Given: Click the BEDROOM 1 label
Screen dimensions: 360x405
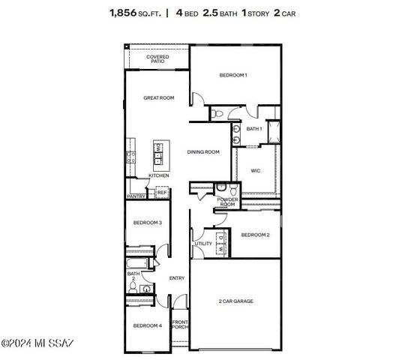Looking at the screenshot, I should click(x=232, y=75).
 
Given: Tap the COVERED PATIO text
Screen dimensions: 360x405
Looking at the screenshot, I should click(x=157, y=58).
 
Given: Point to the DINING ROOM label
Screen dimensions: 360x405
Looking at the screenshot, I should click(x=203, y=152).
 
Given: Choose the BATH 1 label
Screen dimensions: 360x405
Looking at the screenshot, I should click(x=254, y=129).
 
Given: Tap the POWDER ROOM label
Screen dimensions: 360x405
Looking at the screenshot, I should click(x=226, y=202).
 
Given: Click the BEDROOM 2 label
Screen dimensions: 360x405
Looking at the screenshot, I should click(x=255, y=235).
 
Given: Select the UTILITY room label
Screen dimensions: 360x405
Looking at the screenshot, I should click(x=203, y=244).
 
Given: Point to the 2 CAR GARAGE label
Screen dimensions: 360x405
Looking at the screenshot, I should click(x=235, y=301).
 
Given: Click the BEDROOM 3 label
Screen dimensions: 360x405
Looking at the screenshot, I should click(x=148, y=223).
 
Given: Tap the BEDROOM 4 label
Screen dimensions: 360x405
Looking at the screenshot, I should click(x=148, y=325).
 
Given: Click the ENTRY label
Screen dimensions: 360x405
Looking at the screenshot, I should click(x=177, y=278).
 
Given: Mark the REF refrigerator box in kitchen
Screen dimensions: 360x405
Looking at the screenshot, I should click(x=161, y=193).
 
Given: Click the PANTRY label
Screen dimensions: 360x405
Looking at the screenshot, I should click(x=136, y=196).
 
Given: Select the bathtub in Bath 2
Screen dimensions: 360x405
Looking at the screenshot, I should click(x=139, y=264).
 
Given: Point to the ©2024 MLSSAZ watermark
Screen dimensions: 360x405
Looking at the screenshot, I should click(x=37, y=344).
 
